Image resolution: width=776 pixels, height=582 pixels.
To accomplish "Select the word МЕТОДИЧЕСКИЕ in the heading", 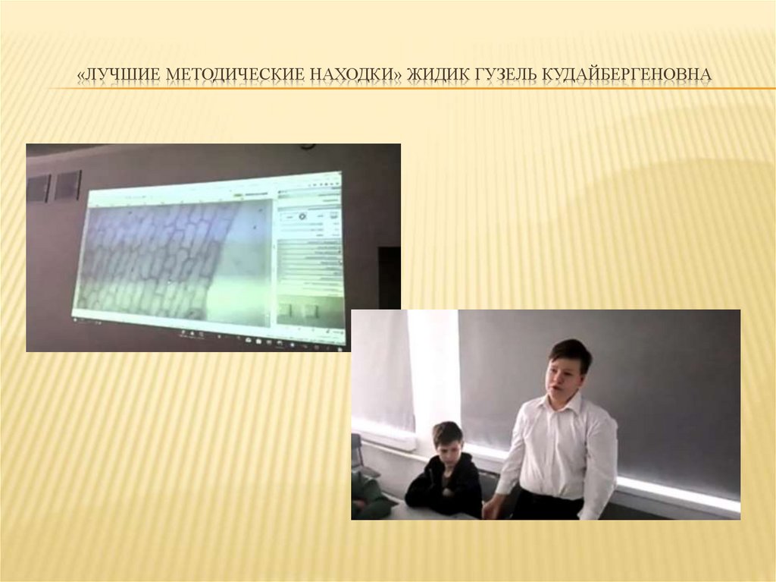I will click(235, 75).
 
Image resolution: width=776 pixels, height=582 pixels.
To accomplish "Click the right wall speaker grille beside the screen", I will click(67, 185).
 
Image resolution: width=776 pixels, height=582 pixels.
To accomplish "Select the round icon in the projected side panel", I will click(302, 217).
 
